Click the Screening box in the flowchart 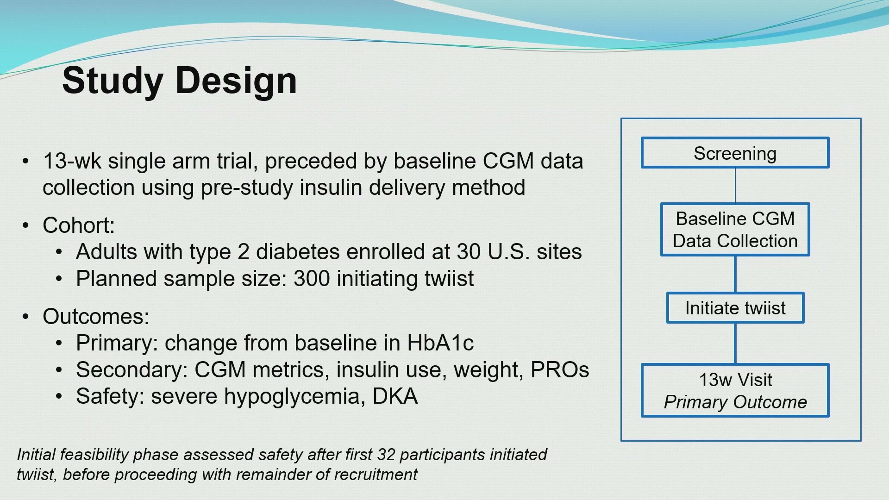[735, 153]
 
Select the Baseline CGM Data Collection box [735, 230]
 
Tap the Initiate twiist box [735, 308]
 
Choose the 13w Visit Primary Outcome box [735, 390]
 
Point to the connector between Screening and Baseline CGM [735, 186]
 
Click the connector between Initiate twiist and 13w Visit [735, 344]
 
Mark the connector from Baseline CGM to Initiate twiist [735, 274]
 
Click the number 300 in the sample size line [312, 279]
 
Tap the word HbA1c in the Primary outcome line [440, 343]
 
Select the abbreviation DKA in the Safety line [395, 396]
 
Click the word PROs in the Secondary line [560, 370]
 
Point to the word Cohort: [79, 225]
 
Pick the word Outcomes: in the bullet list [96, 317]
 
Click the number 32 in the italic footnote [386, 455]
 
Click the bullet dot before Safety [58, 397]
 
